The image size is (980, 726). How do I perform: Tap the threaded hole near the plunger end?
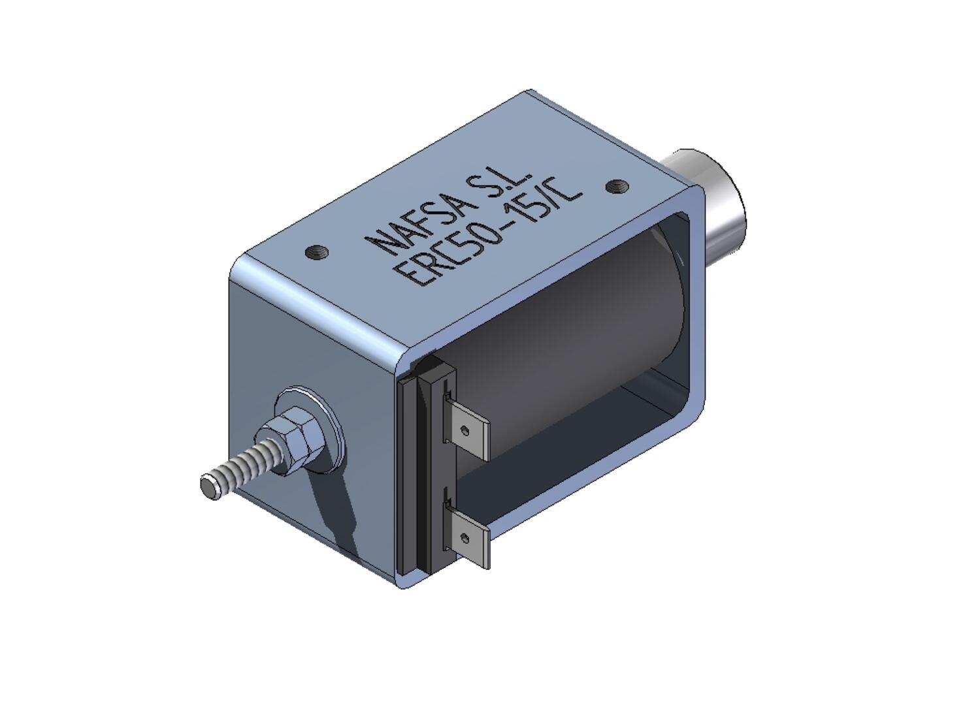pos(615,186)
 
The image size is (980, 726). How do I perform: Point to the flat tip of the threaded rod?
pos(209,486)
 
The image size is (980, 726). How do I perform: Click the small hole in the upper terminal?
pos(465,430)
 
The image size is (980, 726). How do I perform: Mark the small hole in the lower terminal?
pos(465,538)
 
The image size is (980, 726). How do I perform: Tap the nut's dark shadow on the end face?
pos(333,503)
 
